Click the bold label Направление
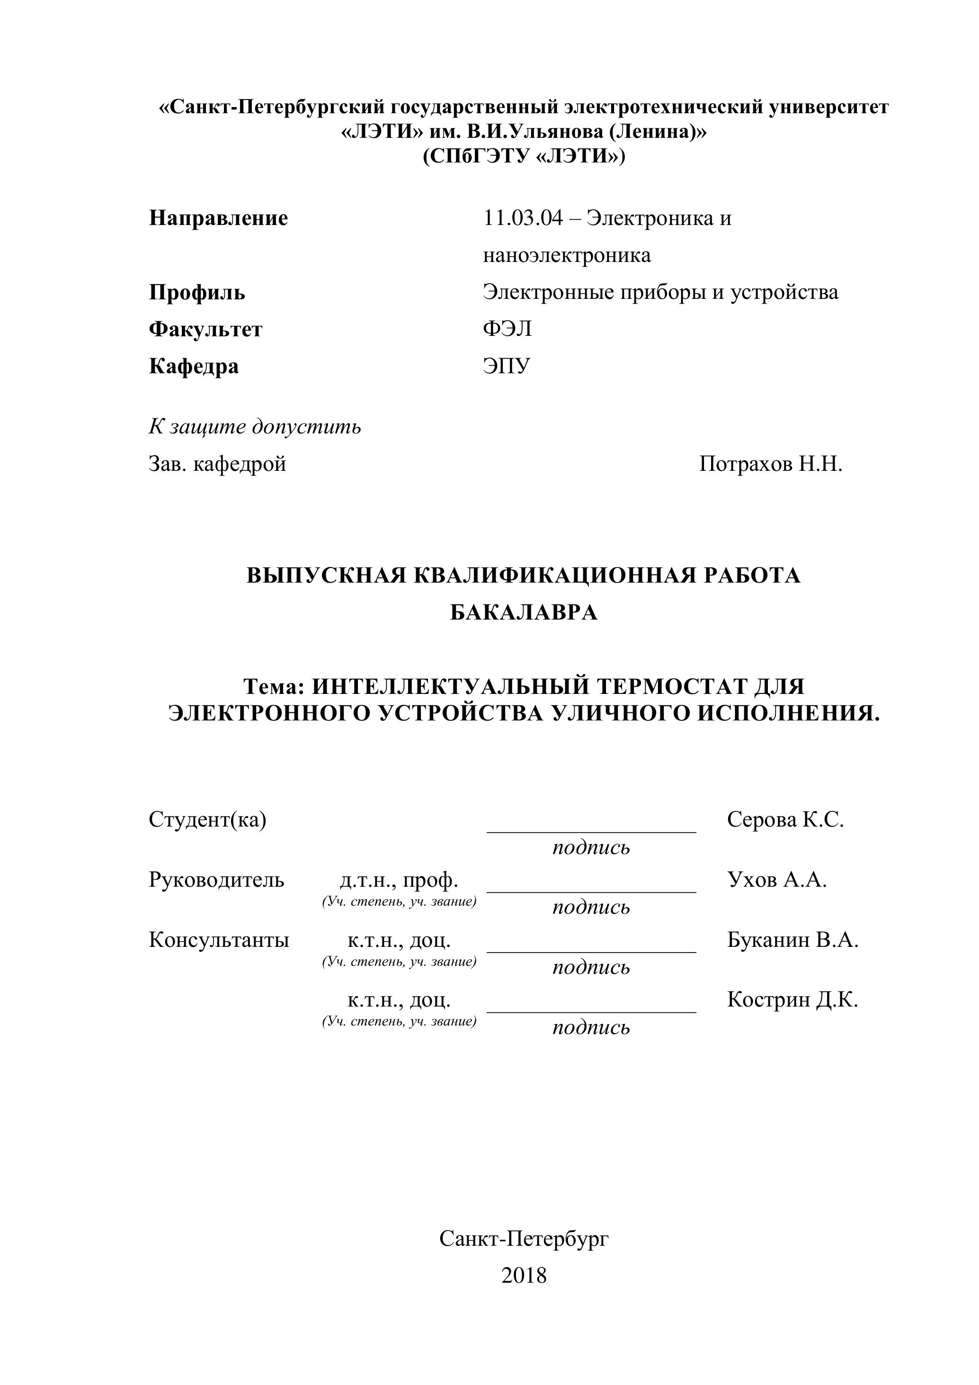pyautogui.click(x=218, y=218)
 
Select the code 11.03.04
pyautogui.click(x=523, y=218)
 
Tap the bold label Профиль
pyautogui.click(x=197, y=293)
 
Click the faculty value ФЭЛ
pyautogui.click(x=507, y=329)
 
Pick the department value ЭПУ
pyautogui.click(x=507, y=366)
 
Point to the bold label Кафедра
pyautogui.click(x=194, y=366)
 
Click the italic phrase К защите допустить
pyautogui.click(x=254, y=427)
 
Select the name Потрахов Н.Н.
pyautogui.click(x=770, y=464)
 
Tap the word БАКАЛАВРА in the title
pyautogui.click(x=523, y=613)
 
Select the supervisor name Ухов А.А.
pyautogui.click(x=777, y=880)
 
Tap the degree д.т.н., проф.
pyautogui.click(x=399, y=880)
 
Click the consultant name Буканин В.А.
pyautogui.click(x=792, y=940)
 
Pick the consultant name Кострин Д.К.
pyautogui.click(x=792, y=999)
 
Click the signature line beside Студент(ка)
pyautogui.click(x=591, y=831)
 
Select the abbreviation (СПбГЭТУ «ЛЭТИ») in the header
pyautogui.click(x=523, y=157)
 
